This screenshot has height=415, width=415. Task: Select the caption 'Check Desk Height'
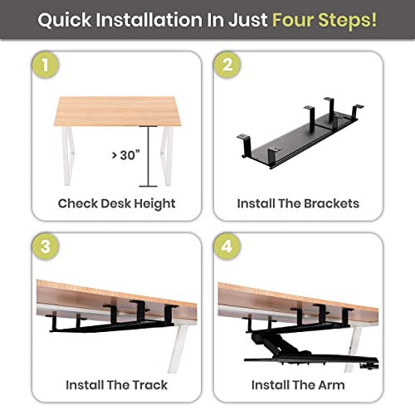coord(116,203)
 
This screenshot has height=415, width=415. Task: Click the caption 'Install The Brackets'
coord(298,203)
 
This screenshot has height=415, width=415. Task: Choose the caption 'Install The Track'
coord(116,385)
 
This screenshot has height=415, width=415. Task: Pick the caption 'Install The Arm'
coord(298,385)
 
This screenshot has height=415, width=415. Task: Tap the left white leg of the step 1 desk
coord(61,154)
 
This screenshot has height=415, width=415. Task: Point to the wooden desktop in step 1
coord(116,110)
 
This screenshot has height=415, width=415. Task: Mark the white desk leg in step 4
coord(355,344)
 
